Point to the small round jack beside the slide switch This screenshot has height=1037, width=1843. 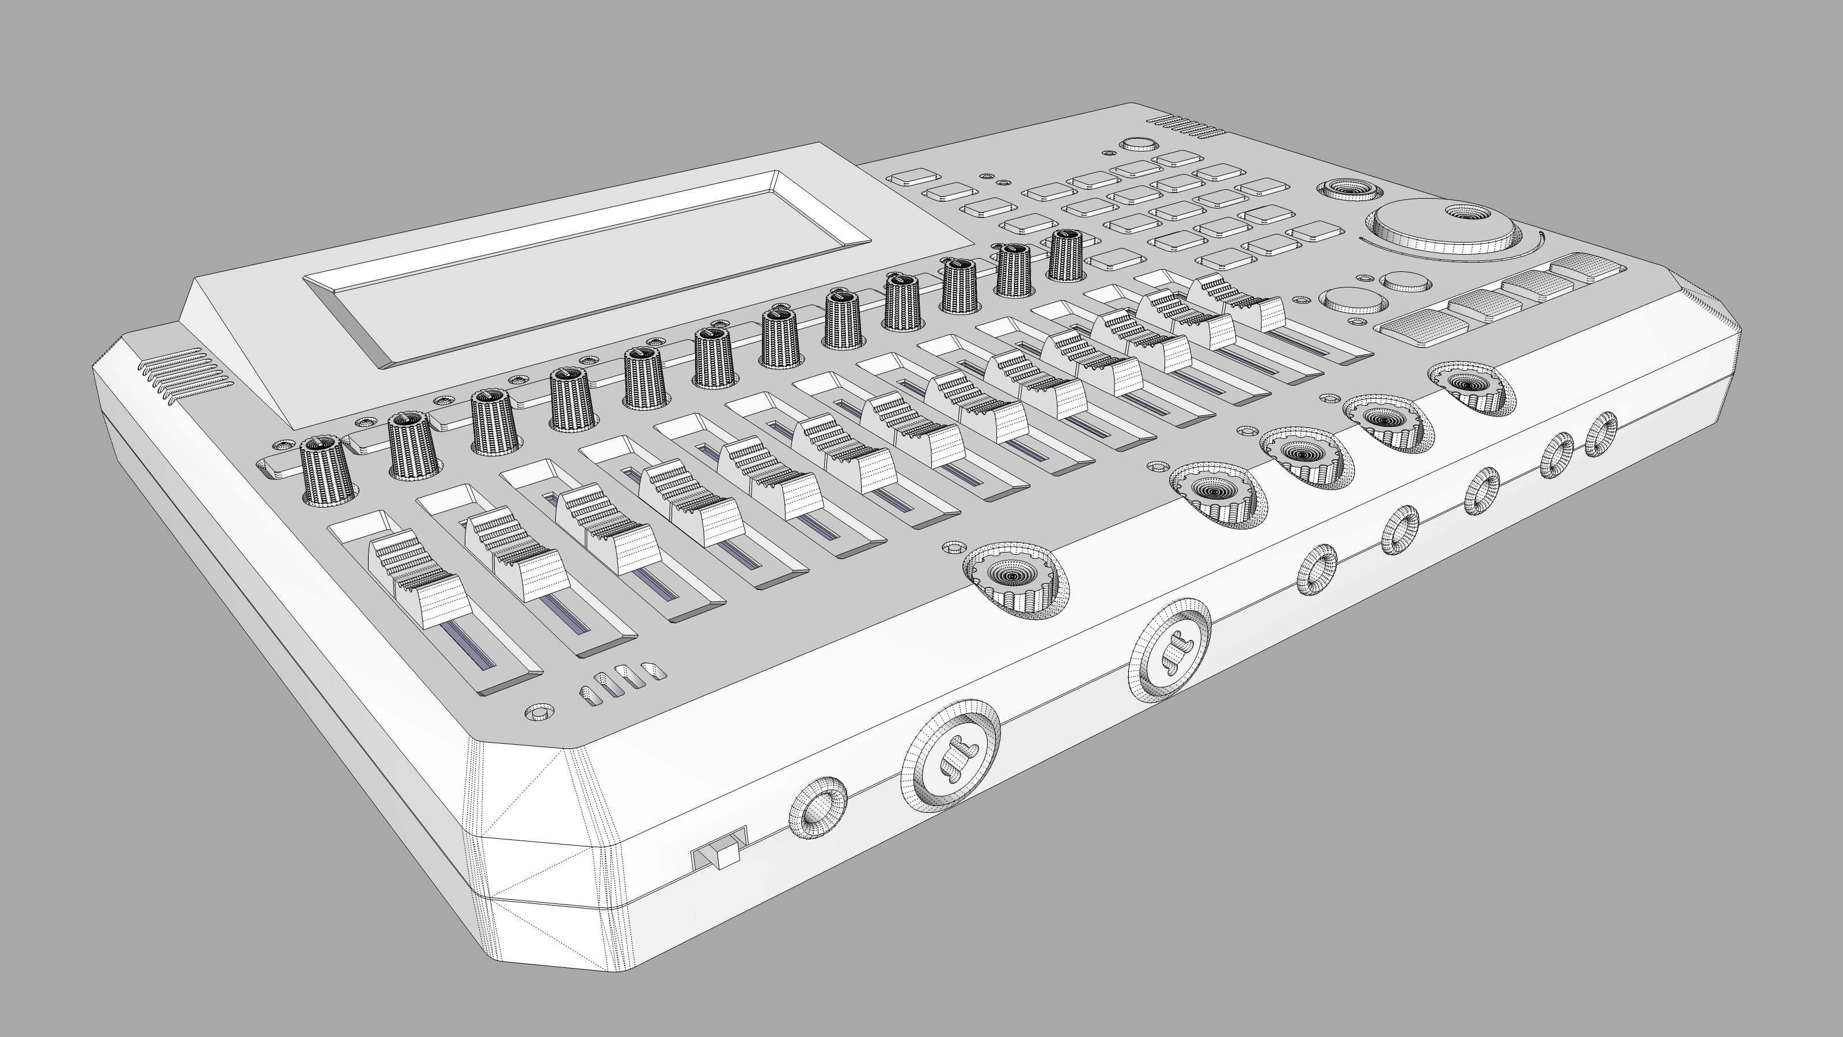coord(817,812)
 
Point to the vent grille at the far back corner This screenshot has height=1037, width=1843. coord(1188,127)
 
